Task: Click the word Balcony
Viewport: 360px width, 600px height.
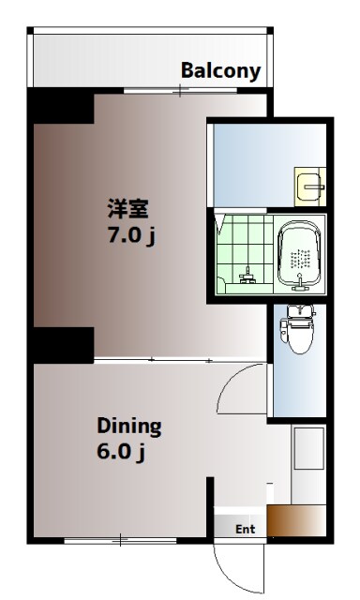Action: tap(220, 71)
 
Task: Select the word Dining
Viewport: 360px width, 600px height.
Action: tap(129, 427)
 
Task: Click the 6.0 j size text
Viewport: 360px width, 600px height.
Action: tap(119, 453)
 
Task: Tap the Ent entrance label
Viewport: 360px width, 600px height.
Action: tap(245, 529)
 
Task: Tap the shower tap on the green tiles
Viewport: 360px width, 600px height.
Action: tap(247, 277)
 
